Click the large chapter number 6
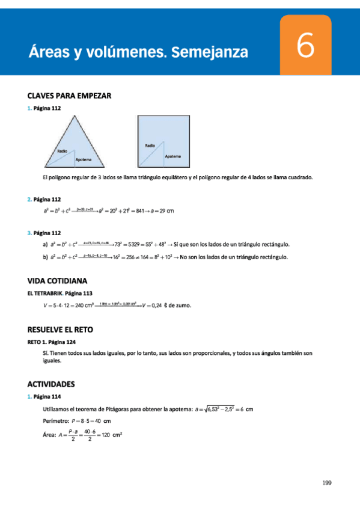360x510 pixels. [x=305, y=46]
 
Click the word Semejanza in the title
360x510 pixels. [x=210, y=52]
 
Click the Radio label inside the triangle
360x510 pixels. [x=63, y=151]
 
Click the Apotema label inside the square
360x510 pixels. [x=172, y=156]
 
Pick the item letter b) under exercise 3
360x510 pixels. [x=45, y=257]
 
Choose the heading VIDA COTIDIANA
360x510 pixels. [x=58, y=280]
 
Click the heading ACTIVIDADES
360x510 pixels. [x=51, y=383]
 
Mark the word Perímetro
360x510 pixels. [x=55, y=421]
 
